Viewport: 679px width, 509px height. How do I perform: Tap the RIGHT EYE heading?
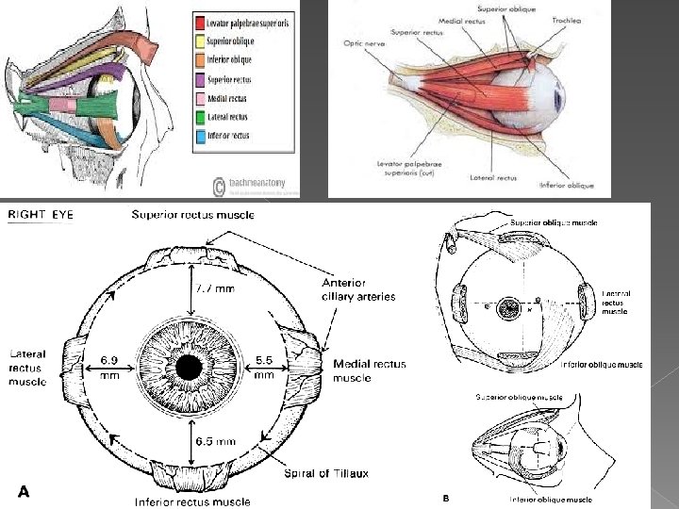click(x=40, y=214)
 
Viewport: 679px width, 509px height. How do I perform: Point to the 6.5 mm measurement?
click(x=214, y=440)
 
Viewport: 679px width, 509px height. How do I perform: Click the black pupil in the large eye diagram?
click(x=190, y=366)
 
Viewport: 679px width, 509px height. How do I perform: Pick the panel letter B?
click(x=446, y=497)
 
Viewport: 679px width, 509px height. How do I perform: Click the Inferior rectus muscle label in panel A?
click(x=192, y=501)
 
